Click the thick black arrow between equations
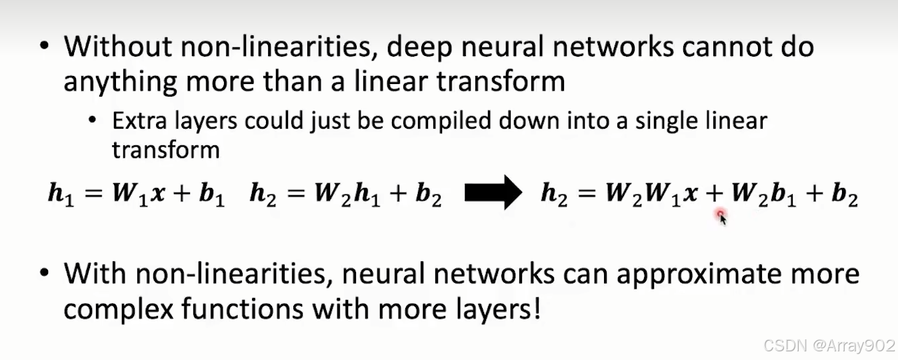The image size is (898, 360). click(492, 194)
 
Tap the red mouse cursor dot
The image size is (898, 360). click(720, 214)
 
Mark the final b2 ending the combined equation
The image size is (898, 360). click(844, 195)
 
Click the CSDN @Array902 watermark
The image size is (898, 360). click(829, 345)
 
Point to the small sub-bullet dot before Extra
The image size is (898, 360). click(93, 121)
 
